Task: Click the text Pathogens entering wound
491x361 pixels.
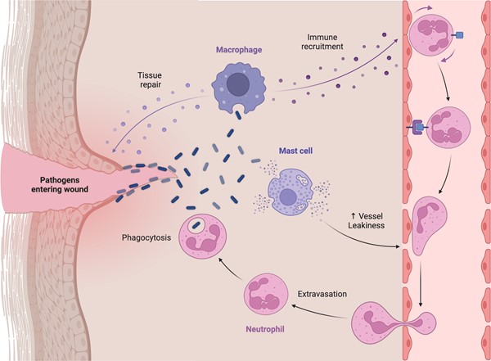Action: (48, 185)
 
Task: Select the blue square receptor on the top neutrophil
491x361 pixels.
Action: (461, 34)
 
